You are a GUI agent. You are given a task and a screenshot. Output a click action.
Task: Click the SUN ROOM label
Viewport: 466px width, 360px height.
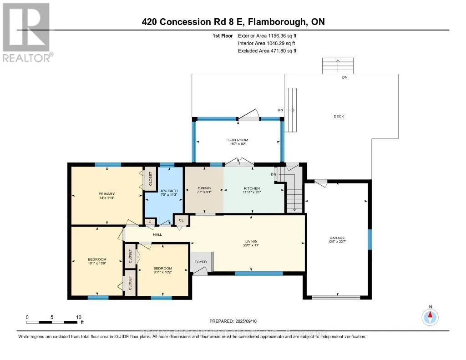tap(238, 140)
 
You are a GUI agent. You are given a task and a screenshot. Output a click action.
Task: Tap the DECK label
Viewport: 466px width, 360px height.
tap(339, 117)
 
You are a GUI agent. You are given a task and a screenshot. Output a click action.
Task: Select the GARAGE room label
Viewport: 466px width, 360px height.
tap(337, 238)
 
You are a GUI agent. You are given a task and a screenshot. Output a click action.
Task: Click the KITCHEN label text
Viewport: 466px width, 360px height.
tap(251, 188)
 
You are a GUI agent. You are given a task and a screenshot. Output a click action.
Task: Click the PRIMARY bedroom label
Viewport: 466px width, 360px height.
tap(106, 193)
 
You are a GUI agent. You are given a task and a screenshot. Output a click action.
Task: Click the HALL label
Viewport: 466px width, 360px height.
tap(157, 234)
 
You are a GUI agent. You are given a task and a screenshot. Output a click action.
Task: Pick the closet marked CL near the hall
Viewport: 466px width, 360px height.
tap(181, 220)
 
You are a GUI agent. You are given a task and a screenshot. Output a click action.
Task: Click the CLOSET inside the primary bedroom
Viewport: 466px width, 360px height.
tap(149, 179)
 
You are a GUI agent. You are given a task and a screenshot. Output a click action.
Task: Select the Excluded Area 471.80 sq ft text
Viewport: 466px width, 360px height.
tap(267, 51)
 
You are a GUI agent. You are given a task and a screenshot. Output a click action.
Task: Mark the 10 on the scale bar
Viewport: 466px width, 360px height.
tap(79, 317)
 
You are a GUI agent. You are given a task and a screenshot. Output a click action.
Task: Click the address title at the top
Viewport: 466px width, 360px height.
tap(233, 21)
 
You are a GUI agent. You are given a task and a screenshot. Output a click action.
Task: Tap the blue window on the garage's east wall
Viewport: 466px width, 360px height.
tap(370, 239)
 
